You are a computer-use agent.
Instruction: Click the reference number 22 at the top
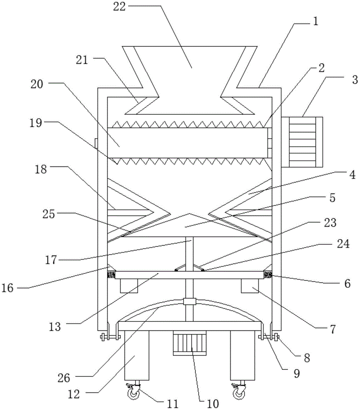pos(119,7)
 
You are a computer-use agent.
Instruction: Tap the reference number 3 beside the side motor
pos(355,80)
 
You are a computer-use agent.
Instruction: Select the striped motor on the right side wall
pos(302,142)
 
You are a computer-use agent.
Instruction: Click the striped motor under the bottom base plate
pos(190,343)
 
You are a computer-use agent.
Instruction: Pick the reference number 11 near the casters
pos(172,404)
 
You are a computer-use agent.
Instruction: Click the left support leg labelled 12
pos(137,355)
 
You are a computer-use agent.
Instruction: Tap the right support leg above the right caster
pos(243,355)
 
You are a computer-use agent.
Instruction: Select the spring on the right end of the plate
pos(268,275)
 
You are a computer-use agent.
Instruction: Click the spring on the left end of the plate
pos(111,275)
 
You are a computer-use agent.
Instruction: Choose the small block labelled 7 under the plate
pos(250,286)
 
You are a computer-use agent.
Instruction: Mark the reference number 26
pos(64,378)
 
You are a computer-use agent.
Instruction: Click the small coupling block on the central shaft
pos(190,301)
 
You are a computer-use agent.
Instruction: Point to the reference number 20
pos(37,84)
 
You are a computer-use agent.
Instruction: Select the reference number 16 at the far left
pos(7,288)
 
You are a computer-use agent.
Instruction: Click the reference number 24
pos(343,244)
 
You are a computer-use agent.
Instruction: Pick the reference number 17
pos(51,260)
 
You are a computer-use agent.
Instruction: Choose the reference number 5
pos(332,198)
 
